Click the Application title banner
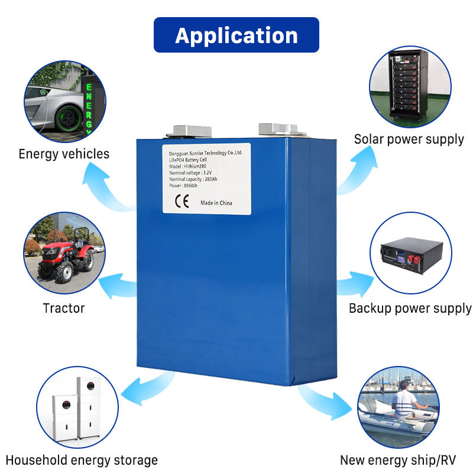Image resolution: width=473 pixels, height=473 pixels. pos(237,35)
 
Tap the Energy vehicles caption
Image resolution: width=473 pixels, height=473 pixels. pos(64,154)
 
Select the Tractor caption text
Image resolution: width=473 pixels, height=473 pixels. pos(64,308)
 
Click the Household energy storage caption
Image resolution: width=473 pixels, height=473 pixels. pos(82,460)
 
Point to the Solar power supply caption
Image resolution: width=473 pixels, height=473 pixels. pos(409,140)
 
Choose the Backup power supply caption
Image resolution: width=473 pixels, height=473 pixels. pos(410,308)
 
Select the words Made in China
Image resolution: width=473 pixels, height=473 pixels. pos(216,203)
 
